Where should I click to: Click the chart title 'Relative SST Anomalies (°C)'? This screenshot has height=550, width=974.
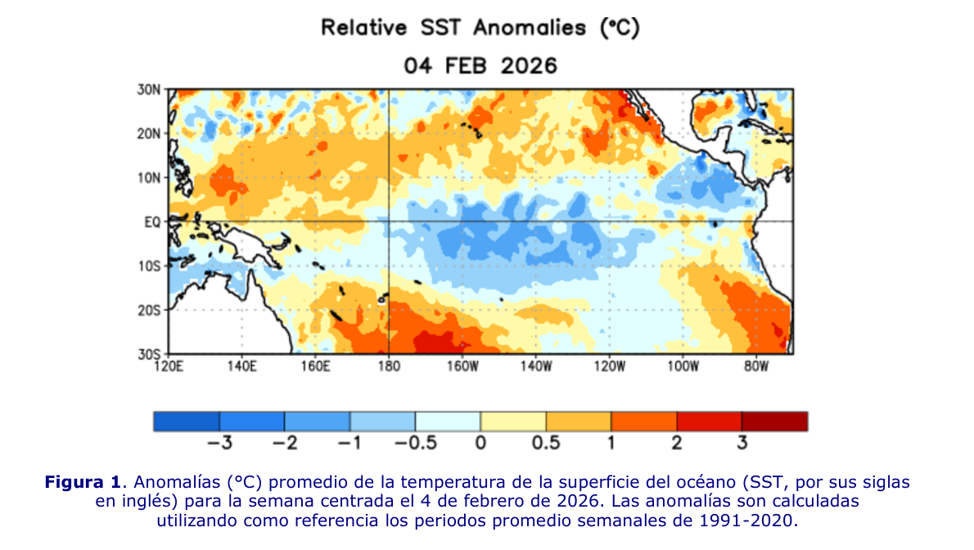480,28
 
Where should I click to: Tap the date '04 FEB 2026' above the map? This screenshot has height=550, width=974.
480,65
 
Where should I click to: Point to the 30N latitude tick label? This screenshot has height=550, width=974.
149,89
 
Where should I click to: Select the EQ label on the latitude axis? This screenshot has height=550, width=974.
152,222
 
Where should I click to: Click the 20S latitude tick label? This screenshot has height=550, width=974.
149,310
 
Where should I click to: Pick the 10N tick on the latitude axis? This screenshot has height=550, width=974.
149,178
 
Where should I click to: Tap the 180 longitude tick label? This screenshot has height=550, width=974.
389,367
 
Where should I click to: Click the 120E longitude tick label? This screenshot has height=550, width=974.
169,367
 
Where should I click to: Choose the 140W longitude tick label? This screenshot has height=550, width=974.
536,367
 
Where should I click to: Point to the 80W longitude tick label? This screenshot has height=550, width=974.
756,367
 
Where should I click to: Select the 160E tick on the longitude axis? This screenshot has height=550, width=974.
316,367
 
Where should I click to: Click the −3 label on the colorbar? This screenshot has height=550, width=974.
219,443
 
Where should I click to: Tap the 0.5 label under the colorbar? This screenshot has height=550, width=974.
546,443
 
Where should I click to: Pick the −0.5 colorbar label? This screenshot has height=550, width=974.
416,443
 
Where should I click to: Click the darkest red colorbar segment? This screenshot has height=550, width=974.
774,422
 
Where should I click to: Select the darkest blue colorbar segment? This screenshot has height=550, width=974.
187,422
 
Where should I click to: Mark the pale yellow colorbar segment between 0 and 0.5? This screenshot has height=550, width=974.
513,422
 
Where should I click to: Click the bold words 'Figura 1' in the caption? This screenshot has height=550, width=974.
83,482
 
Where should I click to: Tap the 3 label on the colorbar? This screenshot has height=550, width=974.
742,443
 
